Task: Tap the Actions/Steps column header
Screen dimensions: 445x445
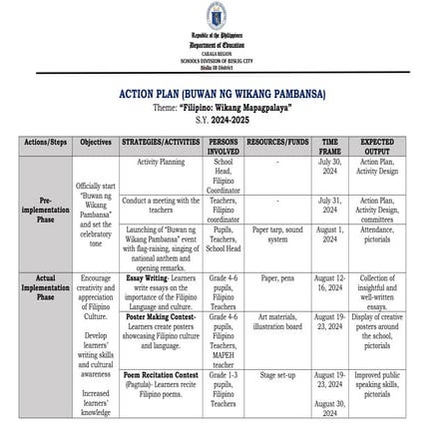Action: [x=36, y=143]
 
